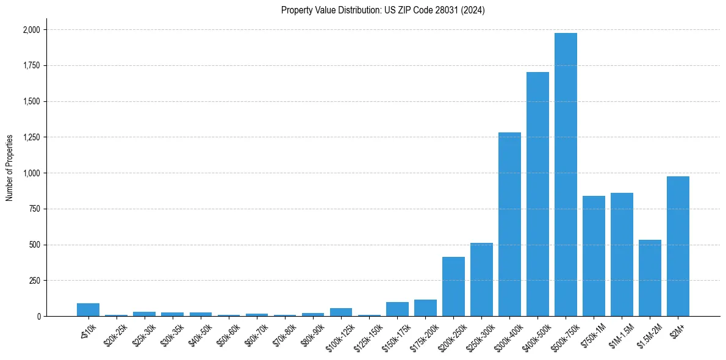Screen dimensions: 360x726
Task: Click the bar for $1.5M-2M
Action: [x=650, y=278]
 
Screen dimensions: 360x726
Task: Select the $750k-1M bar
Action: [x=594, y=256]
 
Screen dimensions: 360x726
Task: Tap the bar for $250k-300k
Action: [x=481, y=279]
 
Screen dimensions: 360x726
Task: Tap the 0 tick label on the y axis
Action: [x=38, y=317]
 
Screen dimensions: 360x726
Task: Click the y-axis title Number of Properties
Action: [x=9, y=168]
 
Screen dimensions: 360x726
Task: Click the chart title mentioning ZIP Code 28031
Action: [x=383, y=10]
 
